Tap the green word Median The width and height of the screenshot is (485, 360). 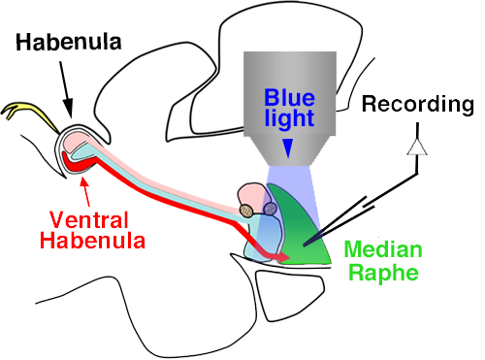pos(373,252)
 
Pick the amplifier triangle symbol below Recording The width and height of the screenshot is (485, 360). pos(419,146)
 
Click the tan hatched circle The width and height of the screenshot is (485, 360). pos(247,210)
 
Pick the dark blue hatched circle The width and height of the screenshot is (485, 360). pos(270,207)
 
